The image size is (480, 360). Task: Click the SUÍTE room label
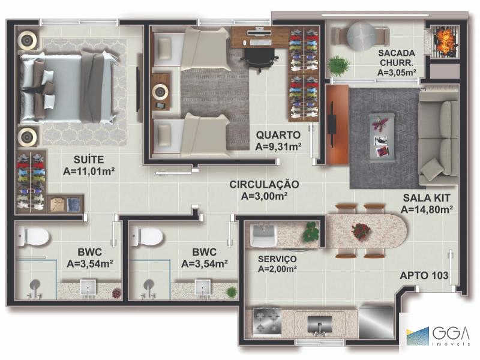point(89,160)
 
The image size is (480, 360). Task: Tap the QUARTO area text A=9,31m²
point(278,147)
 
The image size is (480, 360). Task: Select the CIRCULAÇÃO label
point(264,184)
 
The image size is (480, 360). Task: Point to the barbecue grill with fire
point(446,41)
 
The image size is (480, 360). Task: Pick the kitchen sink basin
point(320,325)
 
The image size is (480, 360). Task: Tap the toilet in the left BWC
point(33,237)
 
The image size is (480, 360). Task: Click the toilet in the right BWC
point(147,236)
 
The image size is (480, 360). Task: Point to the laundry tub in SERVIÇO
point(263,235)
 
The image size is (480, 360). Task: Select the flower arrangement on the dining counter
point(361,230)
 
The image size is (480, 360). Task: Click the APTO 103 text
point(424,275)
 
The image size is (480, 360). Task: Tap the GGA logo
point(439,336)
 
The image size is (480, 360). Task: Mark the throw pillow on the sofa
point(432,169)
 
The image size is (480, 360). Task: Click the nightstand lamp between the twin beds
point(161,92)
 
